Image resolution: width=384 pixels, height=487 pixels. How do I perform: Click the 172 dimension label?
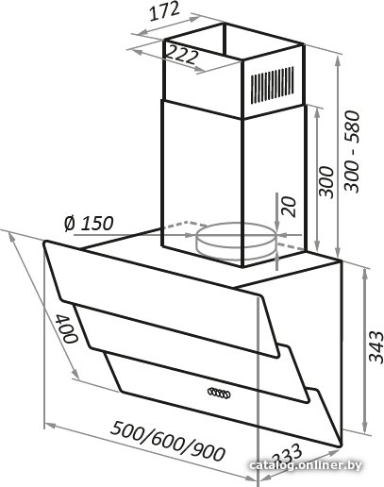(x=164, y=11)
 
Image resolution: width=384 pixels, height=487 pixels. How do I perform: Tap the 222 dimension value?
(x=181, y=54)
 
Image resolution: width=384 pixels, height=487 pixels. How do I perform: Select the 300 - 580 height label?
(x=352, y=151)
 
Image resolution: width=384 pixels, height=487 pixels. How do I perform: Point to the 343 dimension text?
(x=376, y=346)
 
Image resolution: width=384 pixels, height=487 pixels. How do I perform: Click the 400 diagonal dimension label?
(x=67, y=328)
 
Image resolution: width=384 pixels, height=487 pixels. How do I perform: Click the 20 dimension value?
(x=290, y=207)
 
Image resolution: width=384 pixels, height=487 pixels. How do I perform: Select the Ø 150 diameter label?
(x=89, y=224)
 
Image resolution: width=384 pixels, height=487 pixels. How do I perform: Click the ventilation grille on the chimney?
(x=273, y=85)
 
